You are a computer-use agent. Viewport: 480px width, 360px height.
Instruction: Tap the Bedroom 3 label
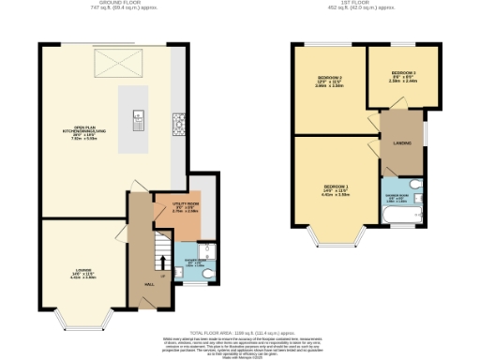coord(403,76)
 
